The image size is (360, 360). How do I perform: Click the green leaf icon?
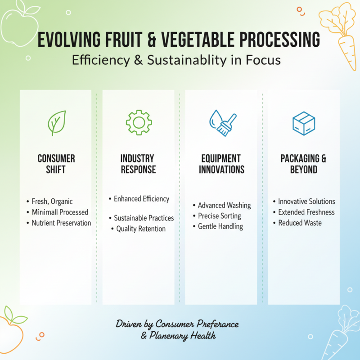pos(56,123)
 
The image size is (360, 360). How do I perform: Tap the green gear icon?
pos(139,122)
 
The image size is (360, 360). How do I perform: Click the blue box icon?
pos(304,123)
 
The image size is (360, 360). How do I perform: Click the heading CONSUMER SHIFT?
pos(56,164)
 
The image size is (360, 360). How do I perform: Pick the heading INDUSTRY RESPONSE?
pos(138,164)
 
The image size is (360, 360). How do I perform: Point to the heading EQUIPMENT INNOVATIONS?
pos(221,164)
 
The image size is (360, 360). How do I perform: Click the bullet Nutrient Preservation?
pos(61,223)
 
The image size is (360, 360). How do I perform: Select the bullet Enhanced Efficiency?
pos(141,198)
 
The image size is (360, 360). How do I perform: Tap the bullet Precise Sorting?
pos(219,216)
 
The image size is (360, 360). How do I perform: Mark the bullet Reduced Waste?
pos(300,223)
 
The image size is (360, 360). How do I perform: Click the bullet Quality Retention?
pos(141,229)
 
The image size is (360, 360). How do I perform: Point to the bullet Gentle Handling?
pos(220,226)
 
